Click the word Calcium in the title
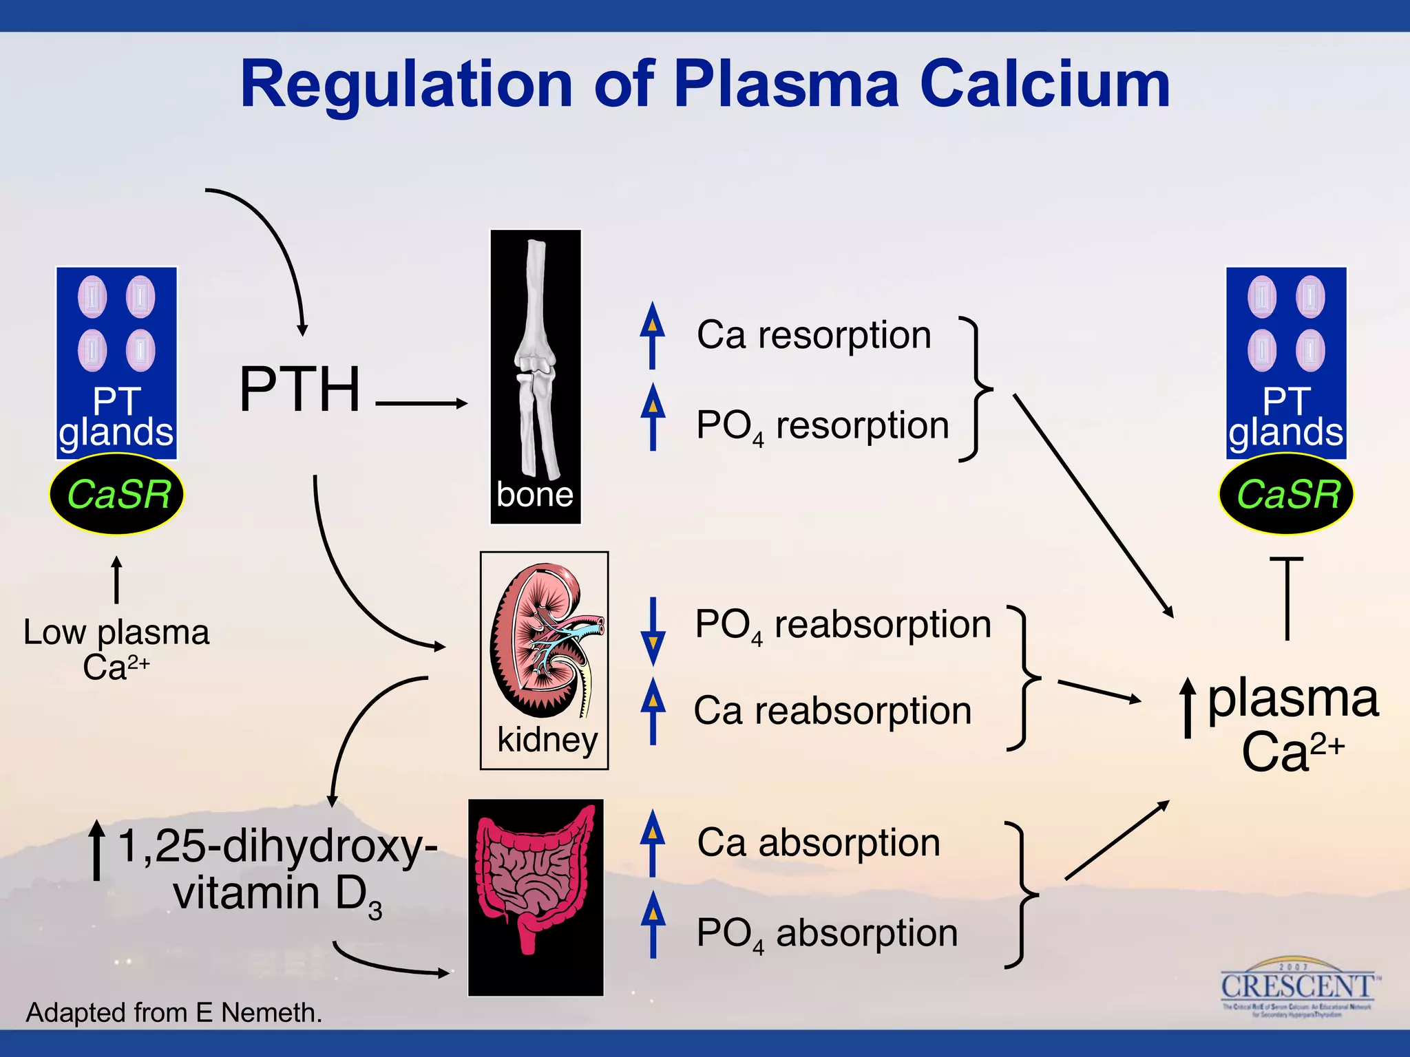[x=1044, y=85]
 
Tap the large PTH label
[x=300, y=389]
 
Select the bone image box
[x=535, y=376]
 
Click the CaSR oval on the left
[x=117, y=495]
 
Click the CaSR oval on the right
[x=1286, y=495]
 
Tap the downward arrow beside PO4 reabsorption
[x=652, y=631]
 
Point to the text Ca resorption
[x=814, y=335]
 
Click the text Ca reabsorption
[x=832, y=711]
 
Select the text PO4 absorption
[x=827, y=934]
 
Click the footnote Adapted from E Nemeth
[x=174, y=1012]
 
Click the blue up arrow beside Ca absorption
[x=652, y=843]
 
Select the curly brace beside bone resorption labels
[x=976, y=389]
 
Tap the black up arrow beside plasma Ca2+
[x=1188, y=707]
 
